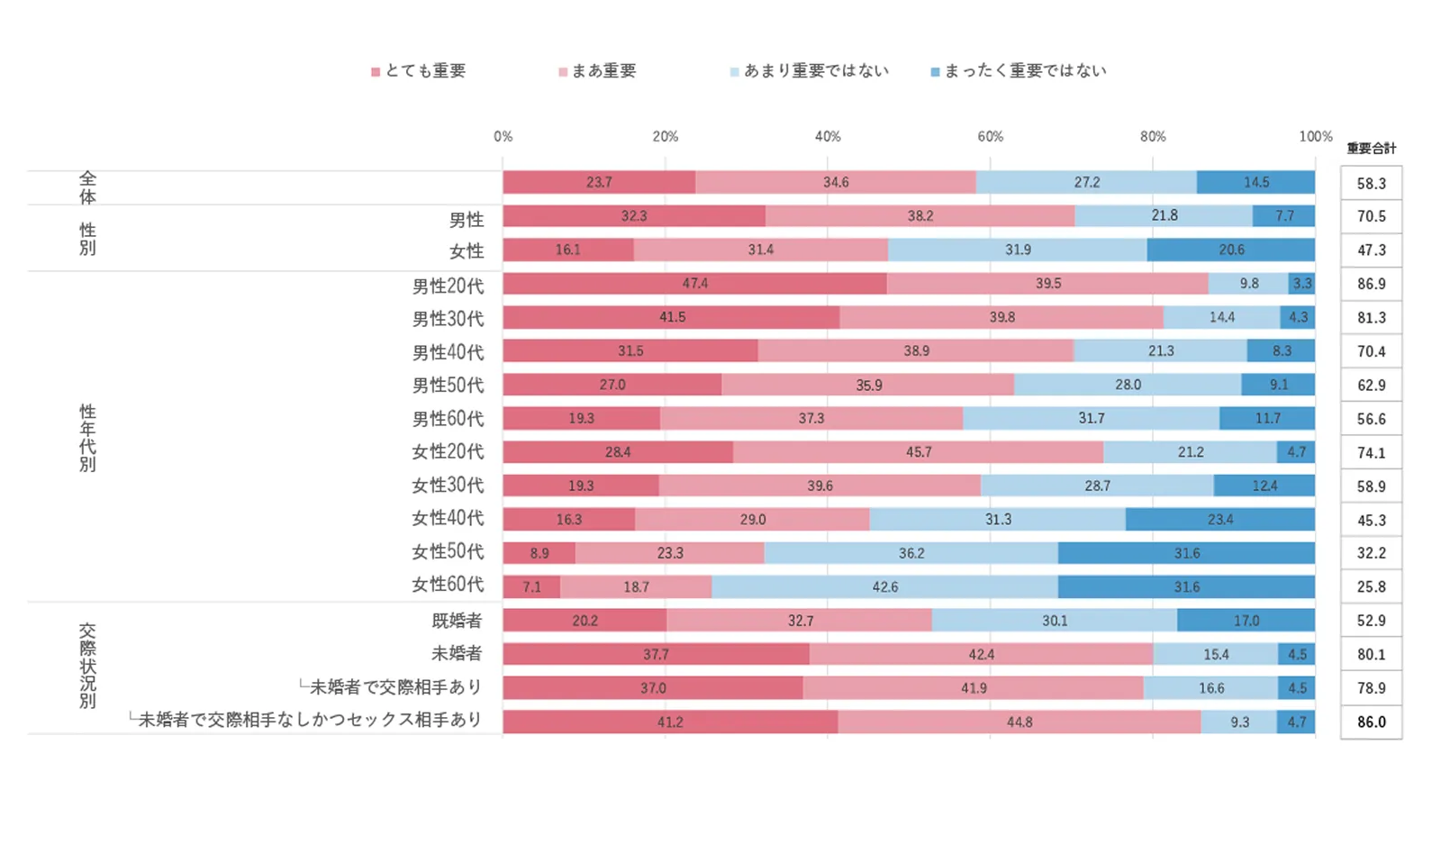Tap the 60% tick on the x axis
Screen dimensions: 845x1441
990,137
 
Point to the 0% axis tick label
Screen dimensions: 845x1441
503,137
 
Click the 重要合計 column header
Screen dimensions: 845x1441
1371,149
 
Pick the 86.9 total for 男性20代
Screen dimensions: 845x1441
1371,284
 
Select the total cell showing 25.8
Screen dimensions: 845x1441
1371,587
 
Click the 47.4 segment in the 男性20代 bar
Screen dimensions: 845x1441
694,284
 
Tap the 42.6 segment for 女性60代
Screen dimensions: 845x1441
884,587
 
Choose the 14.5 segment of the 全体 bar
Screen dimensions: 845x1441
1255,183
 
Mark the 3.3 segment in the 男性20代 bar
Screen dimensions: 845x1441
1301,284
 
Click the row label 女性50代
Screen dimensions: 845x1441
448,551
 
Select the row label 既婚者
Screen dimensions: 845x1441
457,621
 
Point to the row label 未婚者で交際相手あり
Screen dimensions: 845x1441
395,687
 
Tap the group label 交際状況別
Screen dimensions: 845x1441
87,666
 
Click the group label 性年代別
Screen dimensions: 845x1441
87,439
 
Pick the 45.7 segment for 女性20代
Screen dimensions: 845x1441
918,452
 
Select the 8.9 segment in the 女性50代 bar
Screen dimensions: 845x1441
539,553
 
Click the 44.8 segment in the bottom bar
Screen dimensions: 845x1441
1019,722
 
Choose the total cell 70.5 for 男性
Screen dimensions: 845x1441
1371,217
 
